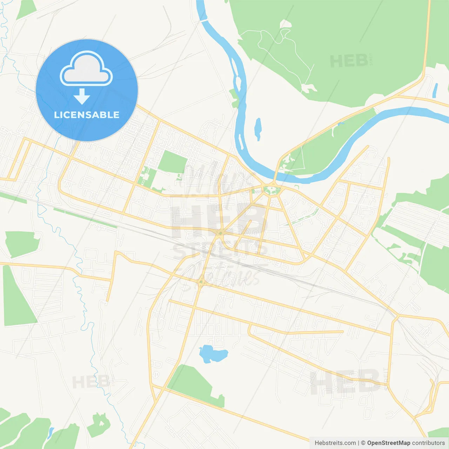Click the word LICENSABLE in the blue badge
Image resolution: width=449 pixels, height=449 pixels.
[x=87, y=115]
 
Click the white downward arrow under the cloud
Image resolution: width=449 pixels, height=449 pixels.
[x=82, y=96]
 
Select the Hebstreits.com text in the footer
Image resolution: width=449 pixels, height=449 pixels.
[x=335, y=443]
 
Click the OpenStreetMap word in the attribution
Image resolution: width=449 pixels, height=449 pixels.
[x=389, y=443]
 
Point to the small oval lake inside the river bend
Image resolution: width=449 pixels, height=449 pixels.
[x=258, y=129]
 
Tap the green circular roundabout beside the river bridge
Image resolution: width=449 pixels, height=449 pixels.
[x=272, y=190]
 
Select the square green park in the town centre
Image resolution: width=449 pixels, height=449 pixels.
[x=173, y=162]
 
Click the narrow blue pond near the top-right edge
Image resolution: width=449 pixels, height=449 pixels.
[x=435, y=90]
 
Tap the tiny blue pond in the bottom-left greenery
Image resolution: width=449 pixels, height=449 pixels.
[x=51, y=432]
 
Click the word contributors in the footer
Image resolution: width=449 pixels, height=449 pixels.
[x=428, y=443]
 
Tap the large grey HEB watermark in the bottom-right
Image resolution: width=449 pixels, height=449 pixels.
[x=346, y=382]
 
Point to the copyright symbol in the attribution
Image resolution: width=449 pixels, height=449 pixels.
[x=363, y=443]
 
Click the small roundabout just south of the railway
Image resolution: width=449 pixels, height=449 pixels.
[x=201, y=282]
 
